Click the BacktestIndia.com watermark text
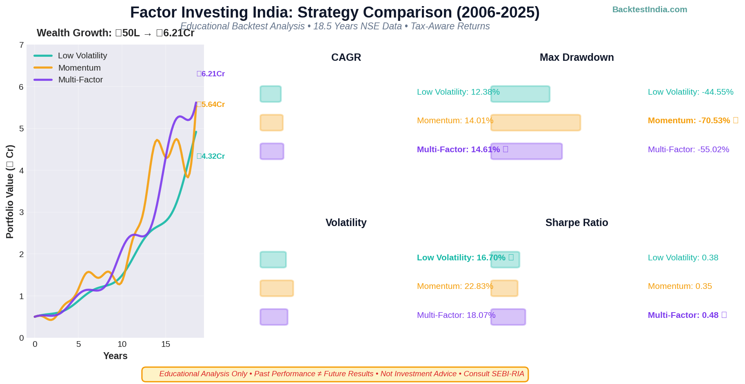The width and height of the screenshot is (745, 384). click(x=650, y=9)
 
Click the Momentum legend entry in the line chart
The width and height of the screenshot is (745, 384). click(x=79, y=68)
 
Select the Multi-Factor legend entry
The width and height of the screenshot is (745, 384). click(x=80, y=80)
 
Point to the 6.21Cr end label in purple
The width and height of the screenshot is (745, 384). click(x=211, y=74)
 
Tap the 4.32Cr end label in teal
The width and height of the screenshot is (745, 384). click(x=211, y=156)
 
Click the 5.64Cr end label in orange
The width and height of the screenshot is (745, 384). click(x=211, y=104)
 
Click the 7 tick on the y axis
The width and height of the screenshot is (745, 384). click(x=22, y=45)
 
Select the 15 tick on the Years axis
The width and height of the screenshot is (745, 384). click(x=165, y=344)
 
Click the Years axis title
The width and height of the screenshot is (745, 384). click(x=115, y=356)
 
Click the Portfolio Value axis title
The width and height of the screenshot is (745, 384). click(x=10, y=191)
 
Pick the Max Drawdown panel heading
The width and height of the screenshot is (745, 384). click(x=576, y=58)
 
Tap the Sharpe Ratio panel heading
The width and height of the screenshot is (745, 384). click(x=576, y=223)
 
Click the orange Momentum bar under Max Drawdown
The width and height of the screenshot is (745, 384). click(x=535, y=123)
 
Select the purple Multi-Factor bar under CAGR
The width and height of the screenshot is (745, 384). click(x=272, y=151)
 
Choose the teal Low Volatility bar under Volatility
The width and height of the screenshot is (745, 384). click(x=273, y=260)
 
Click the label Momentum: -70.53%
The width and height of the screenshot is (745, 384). click(x=689, y=121)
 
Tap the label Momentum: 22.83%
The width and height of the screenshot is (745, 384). click(x=455, y=286)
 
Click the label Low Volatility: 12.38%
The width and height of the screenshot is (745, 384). click(x=458, y=92)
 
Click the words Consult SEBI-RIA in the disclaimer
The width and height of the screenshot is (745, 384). click(x=494, y=374)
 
